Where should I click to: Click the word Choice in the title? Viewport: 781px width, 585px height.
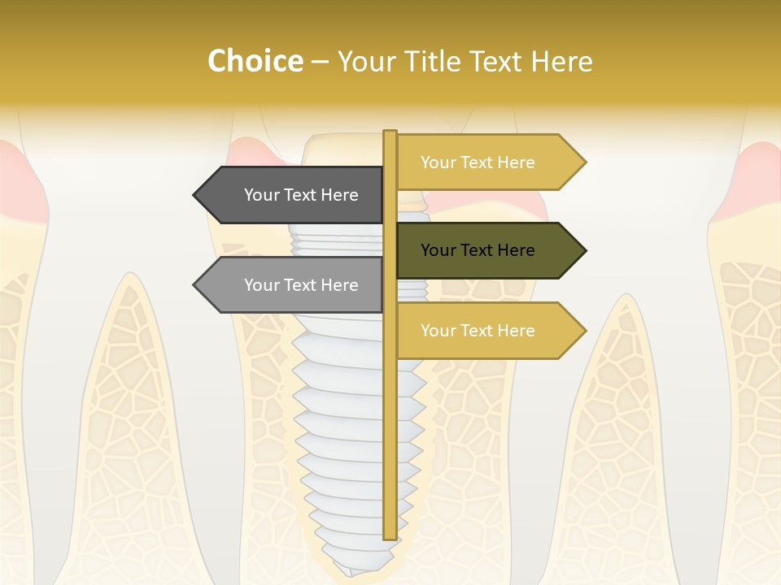tap(255, 61)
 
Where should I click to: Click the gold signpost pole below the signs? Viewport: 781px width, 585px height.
tap(390, 447)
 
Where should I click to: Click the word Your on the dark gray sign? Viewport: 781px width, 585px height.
tap(261, 195)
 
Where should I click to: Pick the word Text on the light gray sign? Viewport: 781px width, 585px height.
tap(301, 285)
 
